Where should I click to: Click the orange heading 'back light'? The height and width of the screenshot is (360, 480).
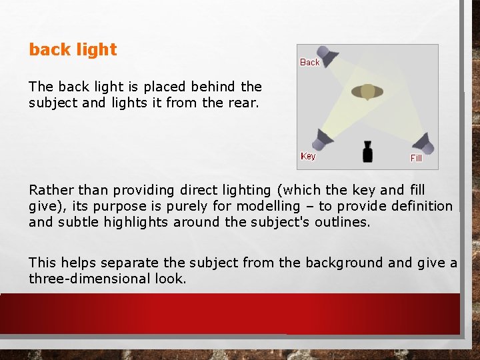point(73,49)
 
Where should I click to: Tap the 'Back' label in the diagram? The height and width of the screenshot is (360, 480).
point(310,62)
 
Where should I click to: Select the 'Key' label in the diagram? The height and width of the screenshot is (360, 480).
point(308,156)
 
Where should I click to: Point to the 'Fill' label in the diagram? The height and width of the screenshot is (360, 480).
point(416,158)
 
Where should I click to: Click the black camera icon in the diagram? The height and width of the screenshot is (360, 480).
point(367,152)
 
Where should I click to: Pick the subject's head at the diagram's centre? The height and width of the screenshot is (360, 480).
point(367,91)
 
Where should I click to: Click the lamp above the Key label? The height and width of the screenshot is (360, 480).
point(323,138)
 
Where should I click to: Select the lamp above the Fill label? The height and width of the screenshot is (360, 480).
point(423,142)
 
